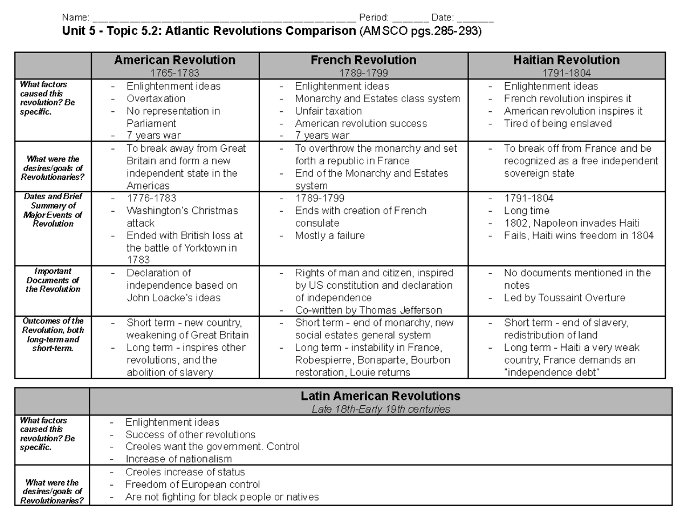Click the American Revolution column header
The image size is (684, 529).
click(174, 60)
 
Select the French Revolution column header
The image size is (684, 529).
click(363, 60)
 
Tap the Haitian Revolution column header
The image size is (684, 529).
click(566, 60)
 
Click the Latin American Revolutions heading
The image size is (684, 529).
click(380, 396)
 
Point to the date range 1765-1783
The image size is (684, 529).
click(174, 72)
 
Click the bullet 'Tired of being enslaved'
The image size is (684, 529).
click(557, 123)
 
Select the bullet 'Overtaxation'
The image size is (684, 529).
click(156, 98)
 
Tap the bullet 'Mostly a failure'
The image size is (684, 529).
click(329, 236)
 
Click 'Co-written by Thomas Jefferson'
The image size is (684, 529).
click(368, 310)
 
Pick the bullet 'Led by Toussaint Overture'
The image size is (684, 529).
click(564, 298)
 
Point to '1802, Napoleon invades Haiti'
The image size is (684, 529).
click(571, 223)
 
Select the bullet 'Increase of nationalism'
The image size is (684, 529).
click(178, 459)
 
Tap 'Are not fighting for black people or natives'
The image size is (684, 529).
click(222, 497)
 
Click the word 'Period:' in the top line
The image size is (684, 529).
click(374, 18)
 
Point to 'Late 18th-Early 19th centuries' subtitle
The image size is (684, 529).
click(380, 409)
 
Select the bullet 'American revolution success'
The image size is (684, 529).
click(361, 123)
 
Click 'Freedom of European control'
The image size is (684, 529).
click(193, 484)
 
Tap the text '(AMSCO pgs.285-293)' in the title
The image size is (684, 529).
click(420, 31)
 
